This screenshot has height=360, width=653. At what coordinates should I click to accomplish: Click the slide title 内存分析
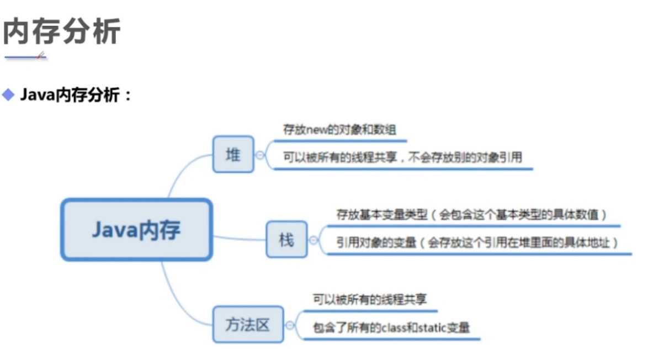pyautogui.click(x=61, y=31)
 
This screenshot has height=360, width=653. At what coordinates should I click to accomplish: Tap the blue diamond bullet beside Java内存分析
pyautogui.click(x=8, y=95)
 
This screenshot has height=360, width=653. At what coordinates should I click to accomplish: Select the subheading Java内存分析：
pyautogui.click(x=76, y=95)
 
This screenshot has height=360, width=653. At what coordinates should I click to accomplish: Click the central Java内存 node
pyautogui.click(x=136, y=229)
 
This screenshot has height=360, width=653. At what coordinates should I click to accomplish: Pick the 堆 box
pyautogui.click(x=233, y=155)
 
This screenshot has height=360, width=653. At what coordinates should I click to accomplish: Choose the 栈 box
pyautogui.click(x=286, y=240)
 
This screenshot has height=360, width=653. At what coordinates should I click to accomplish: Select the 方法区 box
pyautogui.click(x=248, y=325)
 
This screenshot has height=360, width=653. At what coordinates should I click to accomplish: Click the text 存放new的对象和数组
pyautogui.click(x=339, y=131)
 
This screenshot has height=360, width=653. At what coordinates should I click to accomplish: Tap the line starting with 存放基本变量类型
pyautogui.click(x=471, y=215)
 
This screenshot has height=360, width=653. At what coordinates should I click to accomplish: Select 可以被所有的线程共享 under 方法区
pyautogui.click(x=370, y=299)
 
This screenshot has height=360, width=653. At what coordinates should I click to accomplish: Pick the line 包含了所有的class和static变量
pyautogui.click(x=391, y=327)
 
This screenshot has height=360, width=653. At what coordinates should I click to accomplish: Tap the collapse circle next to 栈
pyautogui.click(x=314, y=240)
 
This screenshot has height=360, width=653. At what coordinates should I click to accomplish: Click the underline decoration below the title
pyautogui.click(x=25, y=56)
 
